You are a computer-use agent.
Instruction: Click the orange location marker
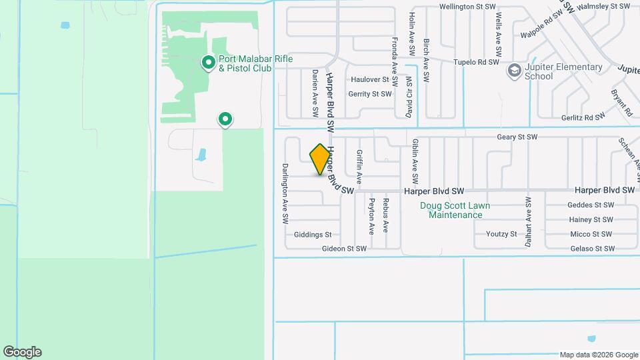[x=320, y=159]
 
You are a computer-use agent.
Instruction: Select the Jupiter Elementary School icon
[x=514, y=71]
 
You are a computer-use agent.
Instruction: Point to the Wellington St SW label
[x=467, y=7]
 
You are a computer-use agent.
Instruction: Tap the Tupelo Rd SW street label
[x=476, y=62]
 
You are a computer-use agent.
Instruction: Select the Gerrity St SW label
[x=369, y=94]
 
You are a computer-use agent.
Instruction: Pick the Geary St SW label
[x=517, y=137]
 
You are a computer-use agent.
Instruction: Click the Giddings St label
[x=313, y=235]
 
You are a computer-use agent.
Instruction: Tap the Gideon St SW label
[x=344, y=249]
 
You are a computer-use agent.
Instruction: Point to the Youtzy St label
[x=501, y=234]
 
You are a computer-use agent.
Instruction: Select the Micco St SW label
[x=591, y=234]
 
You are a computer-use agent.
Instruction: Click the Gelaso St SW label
[x=592, y=249]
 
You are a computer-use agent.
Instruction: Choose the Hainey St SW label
[x=591, y=219]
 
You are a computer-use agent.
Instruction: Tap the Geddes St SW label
[x=590, y=205]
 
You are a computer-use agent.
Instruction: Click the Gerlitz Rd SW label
[x=582, y=116]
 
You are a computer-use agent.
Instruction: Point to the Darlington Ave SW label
[x=285, y=193]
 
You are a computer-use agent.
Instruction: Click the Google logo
[x=22, y=352]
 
